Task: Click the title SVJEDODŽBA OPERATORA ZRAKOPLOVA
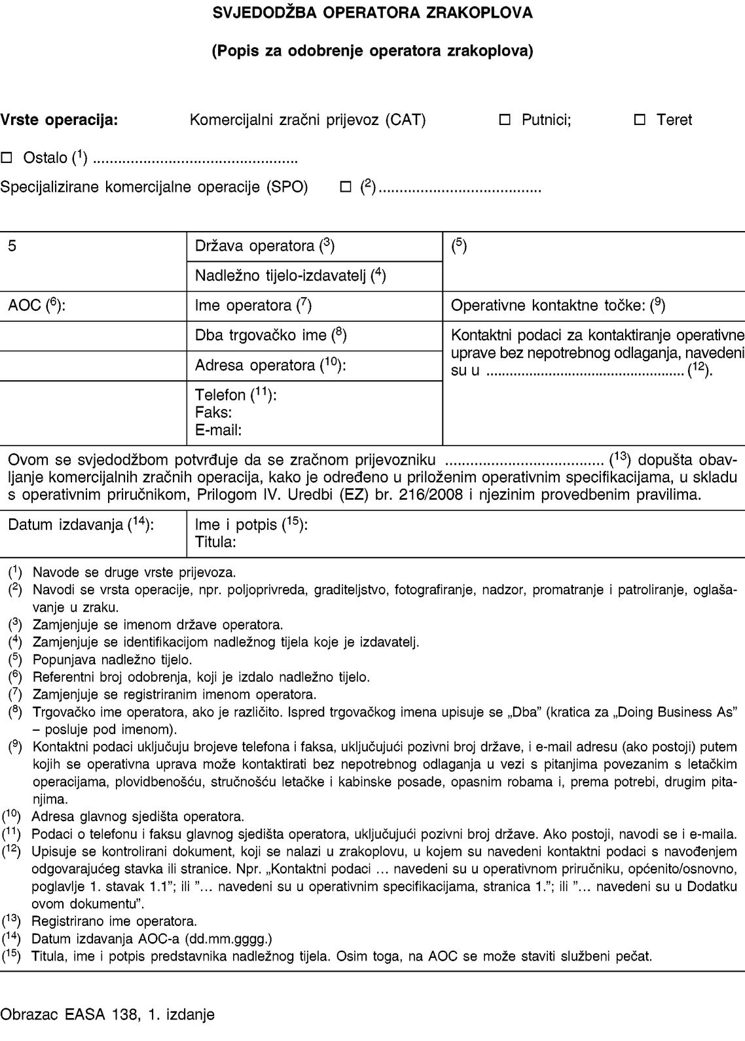372,12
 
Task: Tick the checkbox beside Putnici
505,120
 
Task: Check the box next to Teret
640,120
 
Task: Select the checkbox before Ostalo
7,158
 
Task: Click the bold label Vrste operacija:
60,120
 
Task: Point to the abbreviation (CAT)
405,120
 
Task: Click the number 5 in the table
12,246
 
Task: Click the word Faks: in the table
213,413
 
